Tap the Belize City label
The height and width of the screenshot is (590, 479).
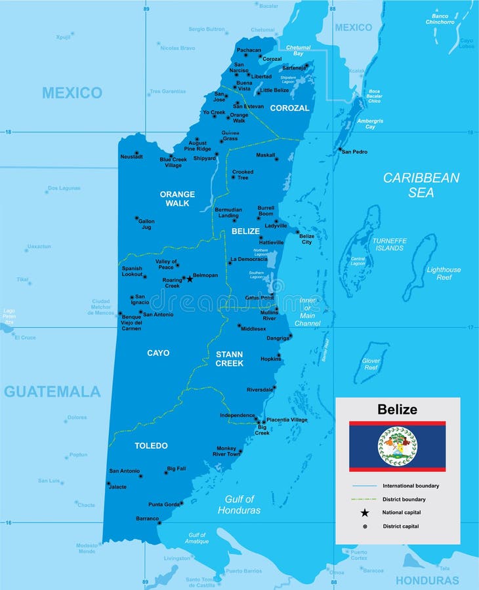point(306,239)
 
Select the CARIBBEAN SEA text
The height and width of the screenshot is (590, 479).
point(421,185)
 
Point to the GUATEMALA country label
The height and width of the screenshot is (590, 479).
point(52,392)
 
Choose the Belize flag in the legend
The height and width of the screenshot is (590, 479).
point(397,446)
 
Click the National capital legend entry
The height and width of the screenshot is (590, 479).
point(402,513)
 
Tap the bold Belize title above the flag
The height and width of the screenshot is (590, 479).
point(397,410)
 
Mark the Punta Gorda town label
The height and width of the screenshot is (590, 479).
point(163,504)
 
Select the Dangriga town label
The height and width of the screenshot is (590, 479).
point(278,338)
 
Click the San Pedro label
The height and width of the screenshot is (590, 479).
point(354,151)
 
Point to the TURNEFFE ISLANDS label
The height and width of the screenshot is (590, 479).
point(390,245)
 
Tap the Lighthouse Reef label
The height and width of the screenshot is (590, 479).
point(444,273)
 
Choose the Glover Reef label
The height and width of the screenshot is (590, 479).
point(371,364)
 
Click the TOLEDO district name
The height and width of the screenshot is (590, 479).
point(151,446)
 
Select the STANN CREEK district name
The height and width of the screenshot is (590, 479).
point(230,359)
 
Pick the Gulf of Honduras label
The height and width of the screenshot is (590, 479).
point(239,505)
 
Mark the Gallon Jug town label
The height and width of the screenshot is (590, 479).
point(146,224)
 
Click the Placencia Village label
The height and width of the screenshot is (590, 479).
point(287,420)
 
